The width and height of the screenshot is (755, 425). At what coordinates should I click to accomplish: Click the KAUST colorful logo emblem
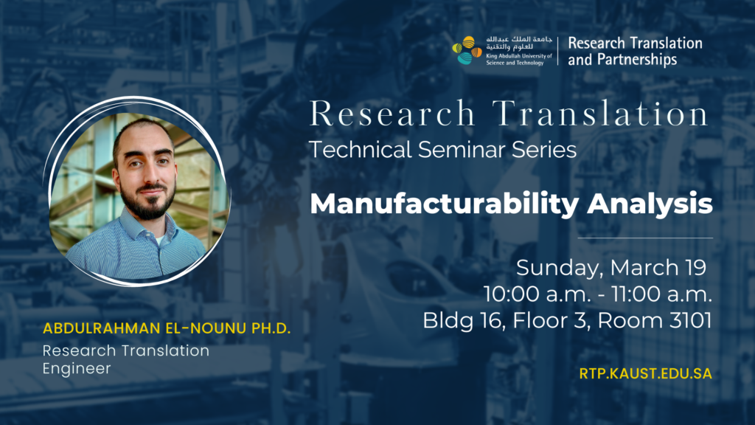coord(467,50)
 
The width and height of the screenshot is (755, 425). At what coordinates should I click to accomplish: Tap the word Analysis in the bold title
coord(650,204)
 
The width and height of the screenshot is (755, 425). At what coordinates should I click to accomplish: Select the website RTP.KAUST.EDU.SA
coord(645,373)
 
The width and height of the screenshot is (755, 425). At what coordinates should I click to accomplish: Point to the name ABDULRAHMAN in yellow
coord(102,328)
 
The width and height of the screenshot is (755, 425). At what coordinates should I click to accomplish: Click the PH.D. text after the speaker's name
coord(271,328)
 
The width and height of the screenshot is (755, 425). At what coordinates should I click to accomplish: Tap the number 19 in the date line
coord(694,268)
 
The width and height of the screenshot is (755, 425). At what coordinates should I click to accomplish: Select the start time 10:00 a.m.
coord(537,294)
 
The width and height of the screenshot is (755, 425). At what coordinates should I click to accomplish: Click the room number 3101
coord(690,320)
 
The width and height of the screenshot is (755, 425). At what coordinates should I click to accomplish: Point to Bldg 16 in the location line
coord(464,321)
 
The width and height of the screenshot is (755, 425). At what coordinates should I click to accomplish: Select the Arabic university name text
coord(519,43)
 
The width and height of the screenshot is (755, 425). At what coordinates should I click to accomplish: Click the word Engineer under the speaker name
coord(77,369)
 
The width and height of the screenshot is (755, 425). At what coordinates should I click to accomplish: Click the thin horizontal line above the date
coord(645,238)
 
